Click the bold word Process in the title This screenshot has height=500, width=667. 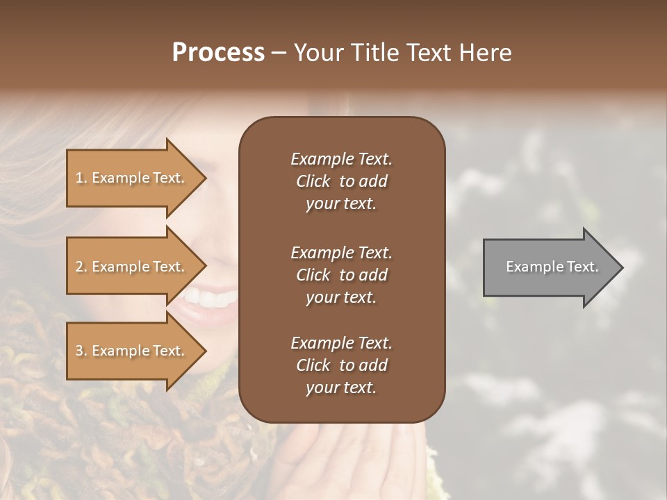pyautogui.click(x=218, y=53)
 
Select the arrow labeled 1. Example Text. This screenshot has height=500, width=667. pyautogui.click(x=132, y=178)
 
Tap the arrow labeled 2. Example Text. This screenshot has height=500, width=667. pyautogui.click(x=132, y=267)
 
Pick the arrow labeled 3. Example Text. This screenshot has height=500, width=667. pyautogui.click(x=132, y=351)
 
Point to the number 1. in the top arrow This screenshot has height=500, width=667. pyautogui.click(x=81, y=178)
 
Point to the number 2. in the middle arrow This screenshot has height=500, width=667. pyautogui.click(x=81, y=267)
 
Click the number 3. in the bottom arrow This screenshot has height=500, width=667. pyautogui.click(x=81, y=351)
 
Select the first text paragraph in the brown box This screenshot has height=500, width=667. pyautogui.click(x=341, y=181)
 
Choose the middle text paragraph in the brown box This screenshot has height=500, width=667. pyautogui.click(x=341, y=274)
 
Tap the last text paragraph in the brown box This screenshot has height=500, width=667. pyautogui.click(x=341, y=365)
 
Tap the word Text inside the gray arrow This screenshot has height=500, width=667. pyautogui.click(x=582, y=267)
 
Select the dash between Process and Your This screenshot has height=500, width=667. pyautogui.click(x=279, y=53)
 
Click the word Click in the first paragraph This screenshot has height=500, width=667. pyautogui.click(x=313, y=181)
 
